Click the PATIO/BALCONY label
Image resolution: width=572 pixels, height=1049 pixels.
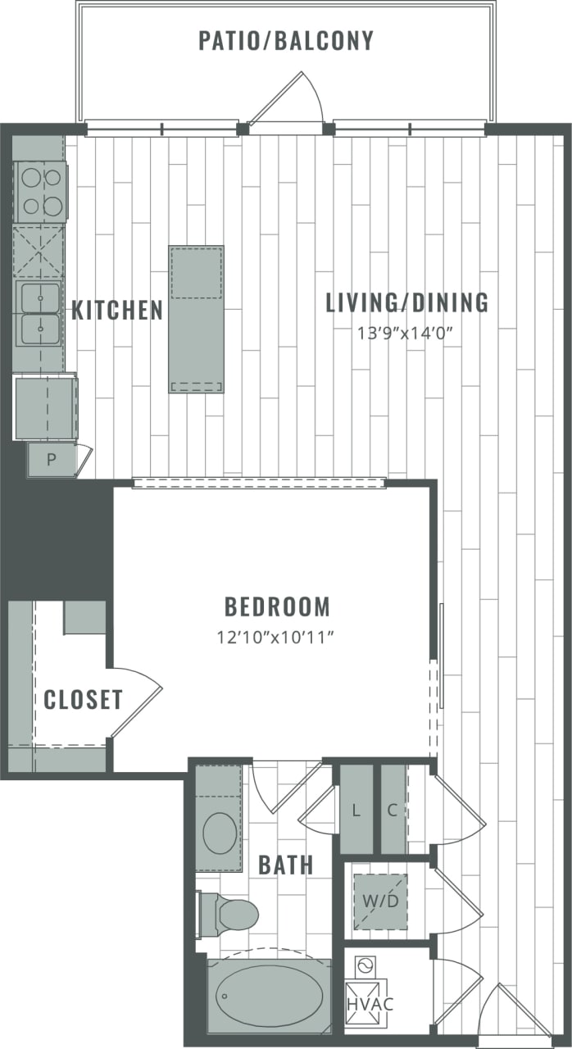tap(286, 40)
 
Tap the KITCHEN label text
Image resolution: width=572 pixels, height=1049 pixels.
tap(117, 311)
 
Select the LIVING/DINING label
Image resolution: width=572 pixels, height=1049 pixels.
tap(406, 302)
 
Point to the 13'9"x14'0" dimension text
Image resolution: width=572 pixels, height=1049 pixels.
tap(406, 333)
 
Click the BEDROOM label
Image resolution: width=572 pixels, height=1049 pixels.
tap(277, 607)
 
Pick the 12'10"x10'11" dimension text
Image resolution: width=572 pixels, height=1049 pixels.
tap(277, 637)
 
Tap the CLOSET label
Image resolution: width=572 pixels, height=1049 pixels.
tap(83, 700)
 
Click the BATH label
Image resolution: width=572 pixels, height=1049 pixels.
tap(285, 865)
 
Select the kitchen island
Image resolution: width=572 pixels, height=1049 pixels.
tap(196, 319)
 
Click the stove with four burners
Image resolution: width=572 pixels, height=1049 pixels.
tap(40, 192)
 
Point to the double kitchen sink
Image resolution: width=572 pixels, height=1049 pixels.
tap(39, 315)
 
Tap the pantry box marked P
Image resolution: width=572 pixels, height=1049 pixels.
tap(51, 460)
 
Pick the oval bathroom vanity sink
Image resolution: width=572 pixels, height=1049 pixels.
tap(219, 833)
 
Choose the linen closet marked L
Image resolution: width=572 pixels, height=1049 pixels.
tap(356, 811)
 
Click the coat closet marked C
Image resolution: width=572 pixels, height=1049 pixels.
tap(393, 811)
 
